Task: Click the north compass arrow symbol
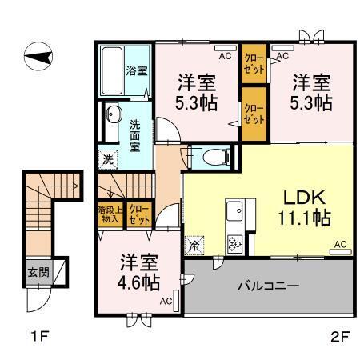[41, 56]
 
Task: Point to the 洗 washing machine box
[108, 158]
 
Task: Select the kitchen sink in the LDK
[236, 213]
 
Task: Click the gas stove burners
[236, 242]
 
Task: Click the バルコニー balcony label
[266, 286]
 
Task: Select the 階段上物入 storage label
[110, 214]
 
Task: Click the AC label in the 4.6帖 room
[165, 301]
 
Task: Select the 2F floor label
[339, 337]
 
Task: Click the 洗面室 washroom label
[137, 134]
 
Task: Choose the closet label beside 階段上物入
[139, 214]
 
